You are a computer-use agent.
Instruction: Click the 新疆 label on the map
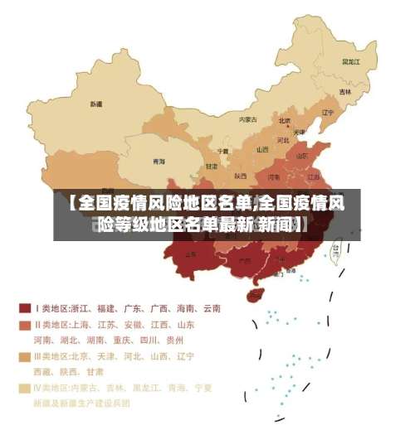click(96, 104)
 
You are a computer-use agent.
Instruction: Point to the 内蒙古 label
click(248, 119)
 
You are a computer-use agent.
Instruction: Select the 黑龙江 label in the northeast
click(352, 61)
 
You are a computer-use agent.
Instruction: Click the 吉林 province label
click(344, 91)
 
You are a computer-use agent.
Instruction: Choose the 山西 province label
click(262, 150)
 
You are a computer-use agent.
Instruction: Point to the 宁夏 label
click(222, 151)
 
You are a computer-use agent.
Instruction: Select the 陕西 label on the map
click(240, 176)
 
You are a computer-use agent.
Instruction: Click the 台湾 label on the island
click(336, 247)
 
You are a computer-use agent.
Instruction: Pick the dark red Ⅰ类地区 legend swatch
click(25, 308)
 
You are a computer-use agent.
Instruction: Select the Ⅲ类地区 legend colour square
click(25, 356)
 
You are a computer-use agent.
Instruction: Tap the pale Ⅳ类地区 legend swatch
click(25, 388)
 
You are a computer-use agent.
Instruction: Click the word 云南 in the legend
click(210, 308)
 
